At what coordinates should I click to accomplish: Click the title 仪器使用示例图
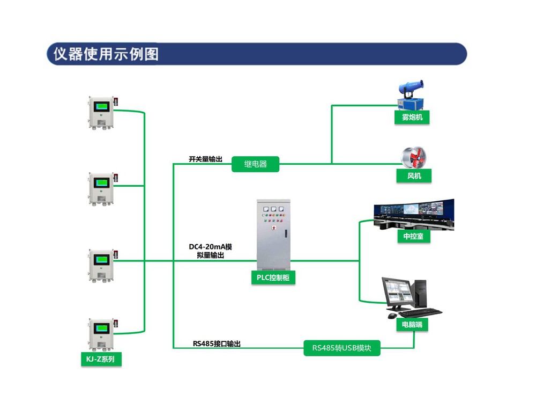(106, 54)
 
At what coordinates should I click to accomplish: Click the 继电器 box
(256, 164)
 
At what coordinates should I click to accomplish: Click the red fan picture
(416, 156)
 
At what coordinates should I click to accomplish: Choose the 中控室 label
(413, 236)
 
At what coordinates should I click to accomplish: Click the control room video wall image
(413, 214)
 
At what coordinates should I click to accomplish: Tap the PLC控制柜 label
(273, 277)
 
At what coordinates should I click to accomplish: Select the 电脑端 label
(412, 325)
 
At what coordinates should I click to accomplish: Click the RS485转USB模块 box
(342, 348)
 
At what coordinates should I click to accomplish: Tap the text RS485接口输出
(216, 343)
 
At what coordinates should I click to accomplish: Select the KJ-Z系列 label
(101, 359)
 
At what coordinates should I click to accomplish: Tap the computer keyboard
(420, 312)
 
